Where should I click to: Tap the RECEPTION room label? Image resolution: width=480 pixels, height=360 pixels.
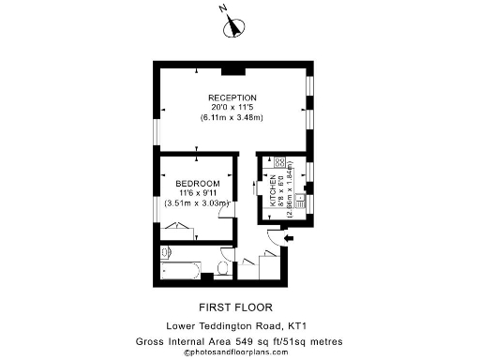(x=232, y=97)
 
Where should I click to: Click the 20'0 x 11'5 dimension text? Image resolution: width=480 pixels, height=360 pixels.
(x=232, y=108)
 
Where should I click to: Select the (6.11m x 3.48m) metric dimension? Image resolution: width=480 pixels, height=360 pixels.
(x=232, y=118)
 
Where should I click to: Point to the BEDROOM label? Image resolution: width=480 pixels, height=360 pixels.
(x=197, y=182)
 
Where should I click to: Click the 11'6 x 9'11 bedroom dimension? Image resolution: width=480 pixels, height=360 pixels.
(x=197, y=192)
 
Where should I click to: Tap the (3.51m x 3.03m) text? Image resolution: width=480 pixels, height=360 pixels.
(x=197, y=202)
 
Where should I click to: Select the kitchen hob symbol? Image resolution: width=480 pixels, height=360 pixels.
(x=278, y=162)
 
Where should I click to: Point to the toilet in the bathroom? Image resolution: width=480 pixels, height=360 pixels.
(x=222, y=270)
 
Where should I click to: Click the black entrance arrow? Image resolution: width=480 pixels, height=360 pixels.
(x=289, y=240)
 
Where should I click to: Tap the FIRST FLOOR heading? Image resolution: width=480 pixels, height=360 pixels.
(x=236, y=307)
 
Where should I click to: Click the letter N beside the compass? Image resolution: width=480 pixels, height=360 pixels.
(x=223, y=8)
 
